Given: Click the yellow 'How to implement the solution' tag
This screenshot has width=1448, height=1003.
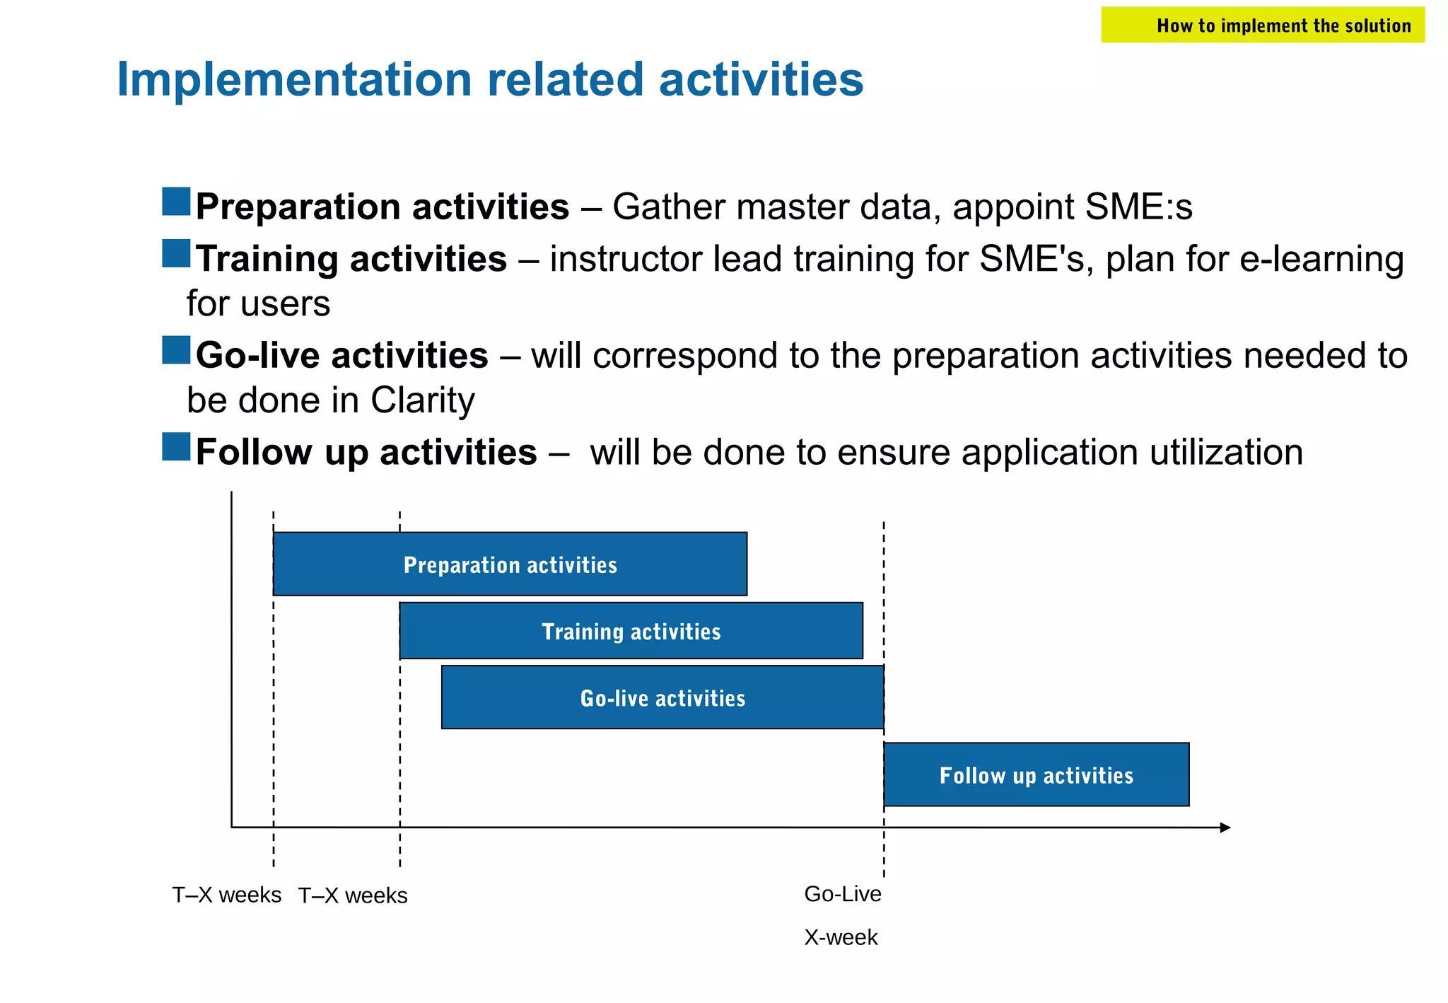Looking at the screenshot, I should tap(1262, 25).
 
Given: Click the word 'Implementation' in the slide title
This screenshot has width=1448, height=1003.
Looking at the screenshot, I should tap(293, 79).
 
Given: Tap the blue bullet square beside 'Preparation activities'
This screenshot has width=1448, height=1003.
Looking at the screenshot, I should tap(176, 202).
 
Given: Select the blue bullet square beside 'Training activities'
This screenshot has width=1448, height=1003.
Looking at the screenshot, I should tap(176, 253).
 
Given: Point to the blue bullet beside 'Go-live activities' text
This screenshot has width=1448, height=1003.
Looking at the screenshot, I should tap(176, 350).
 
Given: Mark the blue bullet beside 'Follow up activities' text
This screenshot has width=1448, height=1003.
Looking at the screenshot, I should tap(176, 447).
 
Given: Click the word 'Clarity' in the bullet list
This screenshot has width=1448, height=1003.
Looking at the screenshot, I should tap(422, 400).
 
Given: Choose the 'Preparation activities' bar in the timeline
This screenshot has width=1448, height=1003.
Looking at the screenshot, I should tap(510, 564).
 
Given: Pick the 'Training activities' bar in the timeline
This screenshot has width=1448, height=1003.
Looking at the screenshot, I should tap(631, 631).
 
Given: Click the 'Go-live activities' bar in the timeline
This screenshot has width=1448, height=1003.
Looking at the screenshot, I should tap(662, 697).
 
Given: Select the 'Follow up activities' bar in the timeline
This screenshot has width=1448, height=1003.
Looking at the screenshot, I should tap(1036, 775).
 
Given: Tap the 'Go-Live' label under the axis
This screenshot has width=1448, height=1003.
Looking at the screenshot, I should tap(843, 894).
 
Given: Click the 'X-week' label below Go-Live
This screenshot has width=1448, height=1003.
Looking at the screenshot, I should tap(841, 937).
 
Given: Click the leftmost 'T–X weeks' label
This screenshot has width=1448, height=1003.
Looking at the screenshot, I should tap(227, 895).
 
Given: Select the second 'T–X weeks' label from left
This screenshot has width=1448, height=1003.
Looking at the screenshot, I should tap(353, 895).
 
